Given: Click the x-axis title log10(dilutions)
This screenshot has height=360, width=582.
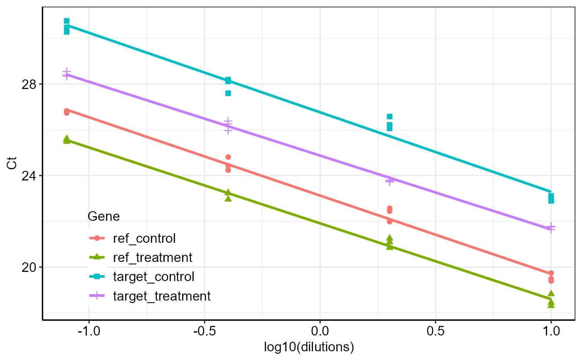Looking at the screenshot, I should [309, 348].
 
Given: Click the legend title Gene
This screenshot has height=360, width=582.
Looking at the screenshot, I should [104, 217].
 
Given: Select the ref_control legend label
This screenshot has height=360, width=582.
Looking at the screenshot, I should [144, 239].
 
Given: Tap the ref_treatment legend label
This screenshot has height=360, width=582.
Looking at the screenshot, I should [153, 258].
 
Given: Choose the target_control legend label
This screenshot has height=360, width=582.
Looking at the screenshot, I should [153, 277].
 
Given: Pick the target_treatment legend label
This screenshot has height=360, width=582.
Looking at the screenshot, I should [162, 296].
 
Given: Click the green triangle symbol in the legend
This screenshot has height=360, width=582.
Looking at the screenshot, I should [96, 257].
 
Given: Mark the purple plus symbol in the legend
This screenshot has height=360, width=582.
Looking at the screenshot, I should [96, 296].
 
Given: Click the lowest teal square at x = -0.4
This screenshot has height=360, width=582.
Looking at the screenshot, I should [228, 93].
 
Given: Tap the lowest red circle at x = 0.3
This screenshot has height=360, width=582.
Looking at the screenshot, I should [390, 222].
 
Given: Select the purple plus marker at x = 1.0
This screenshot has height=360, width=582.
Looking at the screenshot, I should [551, 227].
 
